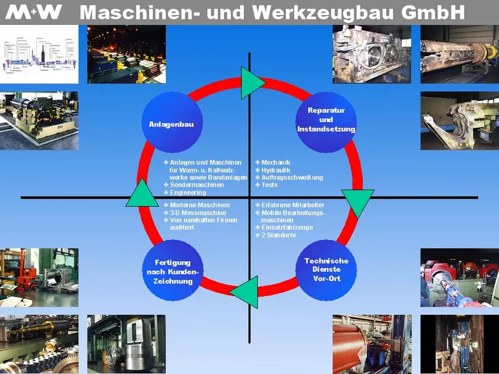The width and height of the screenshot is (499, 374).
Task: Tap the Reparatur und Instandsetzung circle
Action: coord(326,120)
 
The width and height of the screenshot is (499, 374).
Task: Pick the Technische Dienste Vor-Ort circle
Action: coord(326,269)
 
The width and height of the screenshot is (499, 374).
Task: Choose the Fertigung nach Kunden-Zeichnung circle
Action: coord(173,271)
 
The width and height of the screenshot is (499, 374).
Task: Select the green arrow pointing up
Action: coord(142,194)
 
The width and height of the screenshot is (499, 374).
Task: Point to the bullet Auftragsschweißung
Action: coord(292,178)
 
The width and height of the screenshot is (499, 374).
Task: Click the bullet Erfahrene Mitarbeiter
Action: coord(293,205)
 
